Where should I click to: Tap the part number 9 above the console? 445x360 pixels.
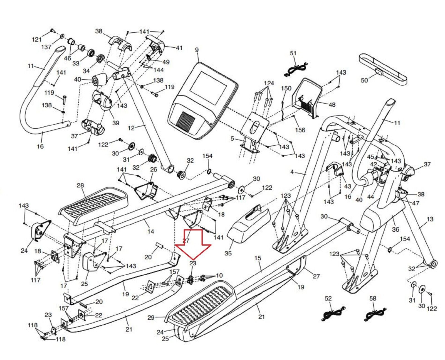click(197, 50)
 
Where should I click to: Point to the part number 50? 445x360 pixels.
click(364, 80)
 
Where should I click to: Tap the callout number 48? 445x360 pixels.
click(332, 104)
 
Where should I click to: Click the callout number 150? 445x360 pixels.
click(286, 89)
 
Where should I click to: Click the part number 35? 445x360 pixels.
click(228, 253)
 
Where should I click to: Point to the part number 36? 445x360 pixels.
click(395, 229)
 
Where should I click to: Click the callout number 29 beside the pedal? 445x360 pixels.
click(151, 318)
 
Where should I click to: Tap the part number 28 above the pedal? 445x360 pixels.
click(80, 185)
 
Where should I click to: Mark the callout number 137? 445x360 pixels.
click(46, 47)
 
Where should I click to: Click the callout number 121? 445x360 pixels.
click(37, 39)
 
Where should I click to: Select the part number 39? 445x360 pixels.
click(115, 123)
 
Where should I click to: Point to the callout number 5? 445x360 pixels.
click(232, 138)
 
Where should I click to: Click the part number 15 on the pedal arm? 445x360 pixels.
click(258, 258)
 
